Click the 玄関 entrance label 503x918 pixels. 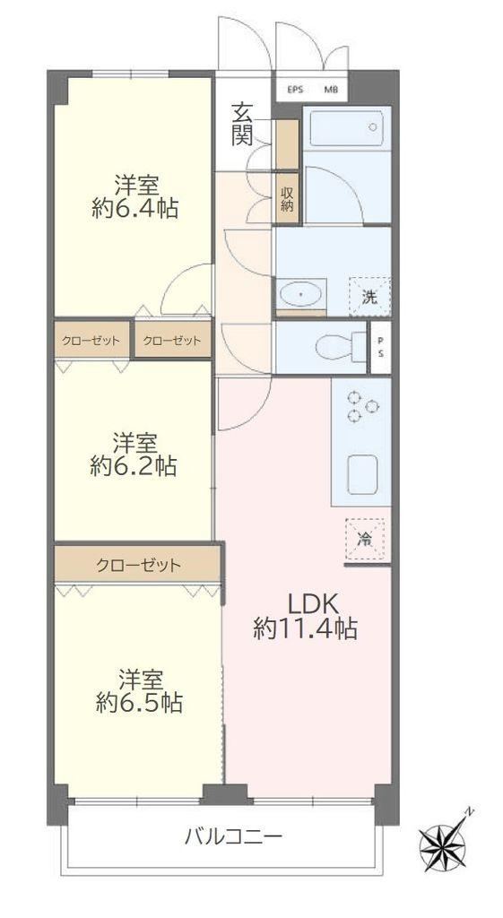pyautogui.click(x=242, y=124)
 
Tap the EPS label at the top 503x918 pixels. pyautogui.click(x=295, y=91)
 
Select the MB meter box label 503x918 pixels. pyautogui.click(x=332, y=91)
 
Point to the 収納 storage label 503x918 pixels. pyautogui.click(x=287, y=198)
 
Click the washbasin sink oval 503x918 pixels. pyautogui.click(x=301, y=293)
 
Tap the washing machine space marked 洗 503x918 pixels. pyautogui.click(x=369, y=296)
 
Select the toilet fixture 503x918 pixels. pyautogui.click(x=340, y=347)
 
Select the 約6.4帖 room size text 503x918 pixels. pyautogui.click(x=135, y=208)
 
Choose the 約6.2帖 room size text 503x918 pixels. pyautogui.click(x=134, y=466)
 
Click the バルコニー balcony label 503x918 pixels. pyautogui.click(x=234, y=836)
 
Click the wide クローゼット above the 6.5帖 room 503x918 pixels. pyautogui.click(x=138, y=565)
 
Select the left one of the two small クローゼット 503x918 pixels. pyautogui.click(x=92, y=340)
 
